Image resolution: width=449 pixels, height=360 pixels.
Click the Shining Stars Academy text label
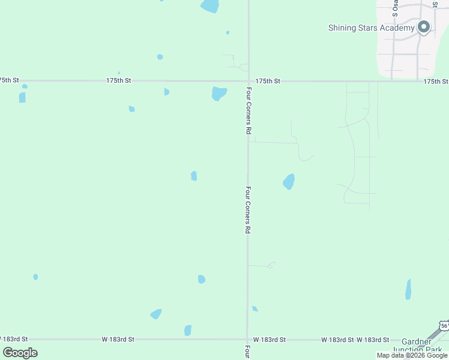point(371,28)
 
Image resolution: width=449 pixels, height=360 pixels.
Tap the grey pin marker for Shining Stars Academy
point(424,27)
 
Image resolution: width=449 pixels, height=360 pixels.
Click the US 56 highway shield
point(444,326)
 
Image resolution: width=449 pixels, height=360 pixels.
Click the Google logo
point(20,353)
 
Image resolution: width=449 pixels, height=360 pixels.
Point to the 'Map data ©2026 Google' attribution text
point(412,355)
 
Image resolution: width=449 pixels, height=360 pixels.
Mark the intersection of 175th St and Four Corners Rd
point(249,81)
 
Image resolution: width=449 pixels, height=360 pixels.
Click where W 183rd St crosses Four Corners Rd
point(247,340)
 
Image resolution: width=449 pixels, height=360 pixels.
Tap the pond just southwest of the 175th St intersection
point(219,94)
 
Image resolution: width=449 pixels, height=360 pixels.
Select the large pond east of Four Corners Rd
point(289,181)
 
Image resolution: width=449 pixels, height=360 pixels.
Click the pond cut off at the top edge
point(210,6)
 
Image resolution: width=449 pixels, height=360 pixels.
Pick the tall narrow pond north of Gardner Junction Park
point(408,289)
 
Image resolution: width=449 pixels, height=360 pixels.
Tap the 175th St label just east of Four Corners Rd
point(268,80)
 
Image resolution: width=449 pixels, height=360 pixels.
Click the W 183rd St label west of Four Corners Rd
point(118,340)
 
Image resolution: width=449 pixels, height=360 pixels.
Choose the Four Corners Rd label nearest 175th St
point(247,110)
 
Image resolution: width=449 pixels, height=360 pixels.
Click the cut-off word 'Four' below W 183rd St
point(247,352)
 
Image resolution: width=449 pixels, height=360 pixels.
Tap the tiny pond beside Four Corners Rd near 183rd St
point(255,308)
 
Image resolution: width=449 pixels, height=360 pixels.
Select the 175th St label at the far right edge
point(436,81)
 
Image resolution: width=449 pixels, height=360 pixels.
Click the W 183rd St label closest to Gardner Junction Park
point(373,340)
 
